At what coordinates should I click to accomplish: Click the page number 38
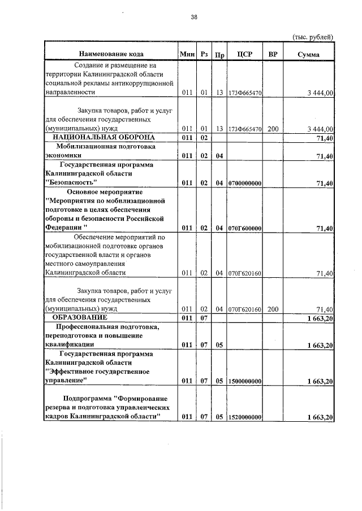[193, 18]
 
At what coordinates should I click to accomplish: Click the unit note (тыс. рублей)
[313, 37]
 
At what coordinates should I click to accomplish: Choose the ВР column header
[273, 54]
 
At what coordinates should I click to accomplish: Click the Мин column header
[186, 54]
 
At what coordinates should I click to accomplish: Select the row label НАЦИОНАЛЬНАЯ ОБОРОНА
[100, 137]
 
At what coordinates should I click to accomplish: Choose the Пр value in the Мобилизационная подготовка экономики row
[219, 156]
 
